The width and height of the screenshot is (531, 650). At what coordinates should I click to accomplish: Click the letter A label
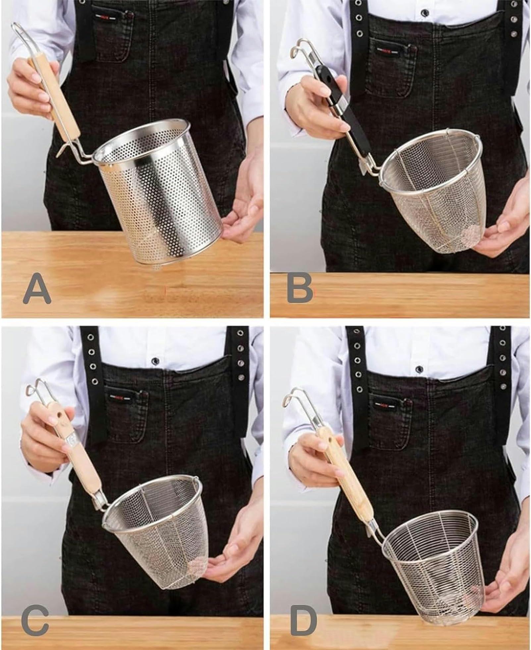coord(37,288)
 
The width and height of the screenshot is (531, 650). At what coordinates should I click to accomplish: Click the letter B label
coord(299,288)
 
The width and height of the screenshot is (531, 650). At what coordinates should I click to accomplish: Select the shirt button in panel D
coord(420,369)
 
